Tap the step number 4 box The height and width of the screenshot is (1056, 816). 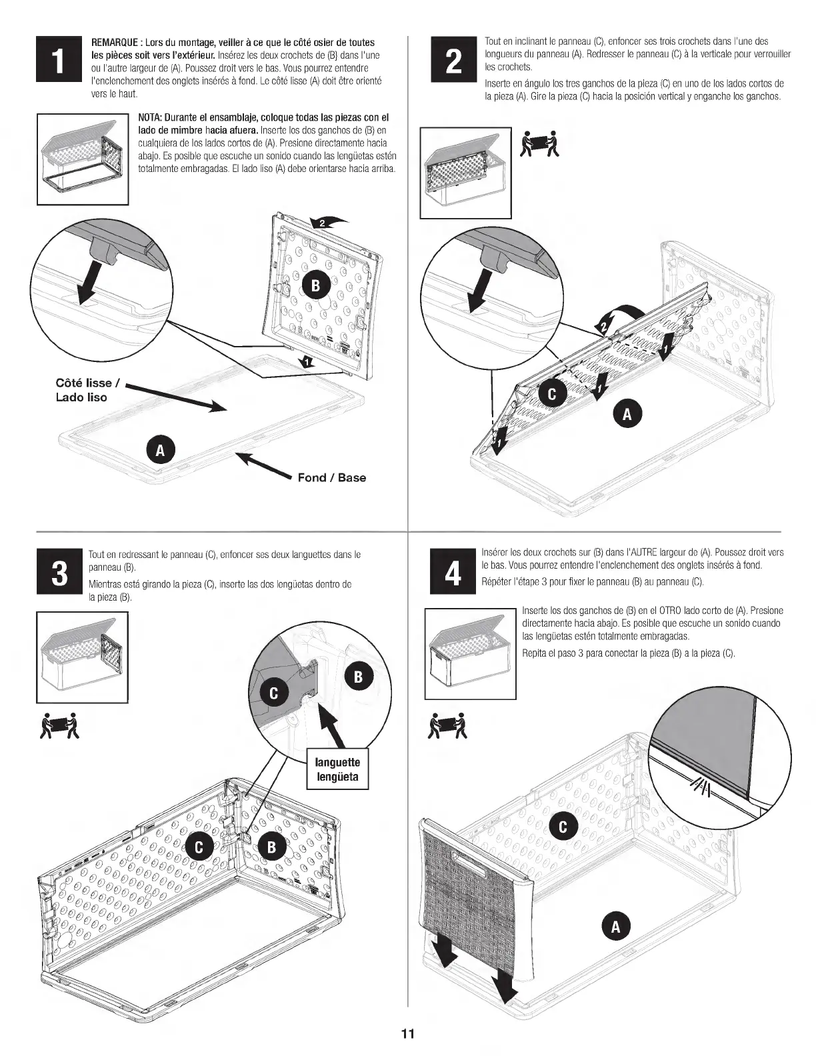453,572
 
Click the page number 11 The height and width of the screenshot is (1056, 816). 408,1034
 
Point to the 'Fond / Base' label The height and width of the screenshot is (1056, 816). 331,477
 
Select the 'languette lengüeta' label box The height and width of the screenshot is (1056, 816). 337,769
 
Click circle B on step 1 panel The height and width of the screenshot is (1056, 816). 315,285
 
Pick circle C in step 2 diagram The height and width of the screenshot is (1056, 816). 551,394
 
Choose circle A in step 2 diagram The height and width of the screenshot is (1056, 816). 627,413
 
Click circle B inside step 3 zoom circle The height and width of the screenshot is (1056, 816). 358,677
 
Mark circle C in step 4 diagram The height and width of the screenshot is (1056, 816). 563,827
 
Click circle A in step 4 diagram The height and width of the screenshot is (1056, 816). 615,926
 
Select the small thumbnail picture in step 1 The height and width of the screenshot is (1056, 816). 83,159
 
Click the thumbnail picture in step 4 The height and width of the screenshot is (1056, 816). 471,653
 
